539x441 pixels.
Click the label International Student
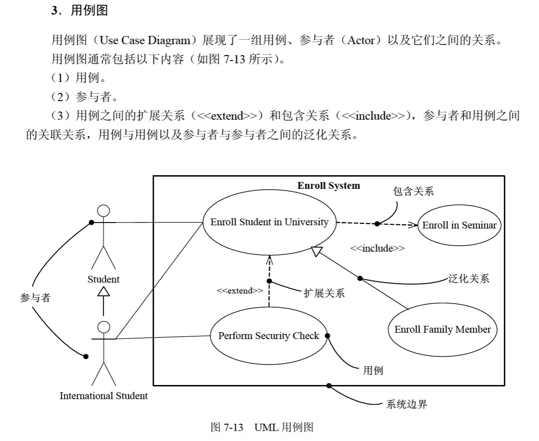103,396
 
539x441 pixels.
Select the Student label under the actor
103,279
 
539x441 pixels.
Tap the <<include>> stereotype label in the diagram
377,248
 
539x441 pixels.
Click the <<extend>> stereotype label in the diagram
240,291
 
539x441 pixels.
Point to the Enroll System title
329,186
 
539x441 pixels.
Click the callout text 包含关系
413,191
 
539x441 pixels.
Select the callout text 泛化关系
469,279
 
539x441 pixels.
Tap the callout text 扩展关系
324,293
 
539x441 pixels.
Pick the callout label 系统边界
407,404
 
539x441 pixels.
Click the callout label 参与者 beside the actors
36,298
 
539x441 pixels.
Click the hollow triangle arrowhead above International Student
103,291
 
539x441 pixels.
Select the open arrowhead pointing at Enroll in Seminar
413,225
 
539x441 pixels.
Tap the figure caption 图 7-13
227,427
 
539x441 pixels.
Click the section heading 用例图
89,10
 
